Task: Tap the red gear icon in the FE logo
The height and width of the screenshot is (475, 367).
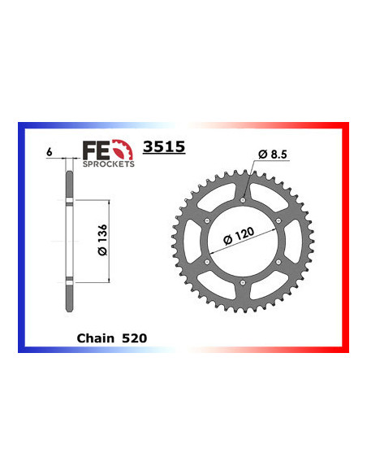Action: click(121, 149)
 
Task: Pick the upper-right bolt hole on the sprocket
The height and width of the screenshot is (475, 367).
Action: click(278, 220)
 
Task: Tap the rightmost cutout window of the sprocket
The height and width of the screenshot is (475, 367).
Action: click(290, 241)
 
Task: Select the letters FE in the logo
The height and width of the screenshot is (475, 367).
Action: click(96, 149)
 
